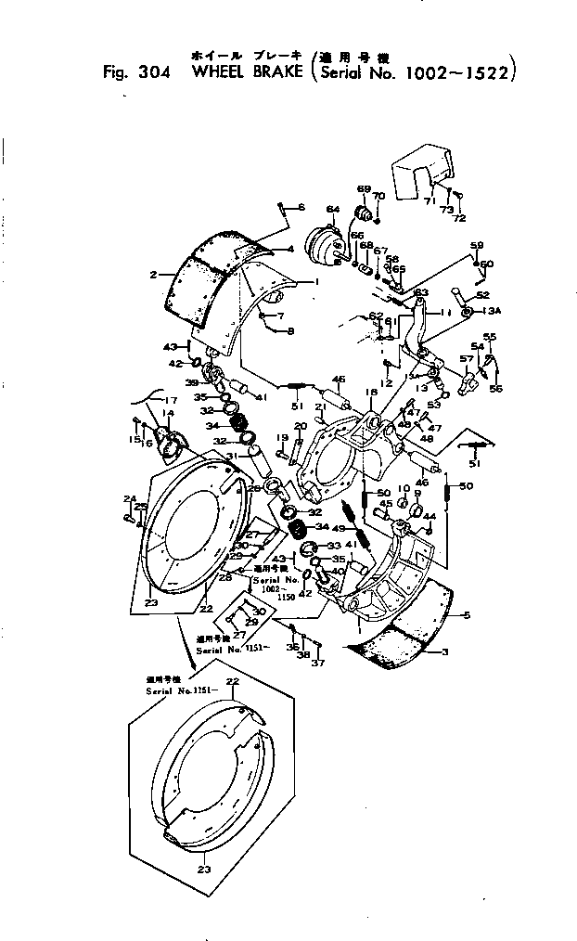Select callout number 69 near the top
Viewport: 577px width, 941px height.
point(364,188)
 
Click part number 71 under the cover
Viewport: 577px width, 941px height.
point(428,201)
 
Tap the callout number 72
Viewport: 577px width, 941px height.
point(459,218)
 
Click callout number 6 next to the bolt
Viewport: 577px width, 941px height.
point(301,206)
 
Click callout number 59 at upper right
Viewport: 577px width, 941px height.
point(477,245)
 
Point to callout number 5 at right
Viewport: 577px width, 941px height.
point(466,615)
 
